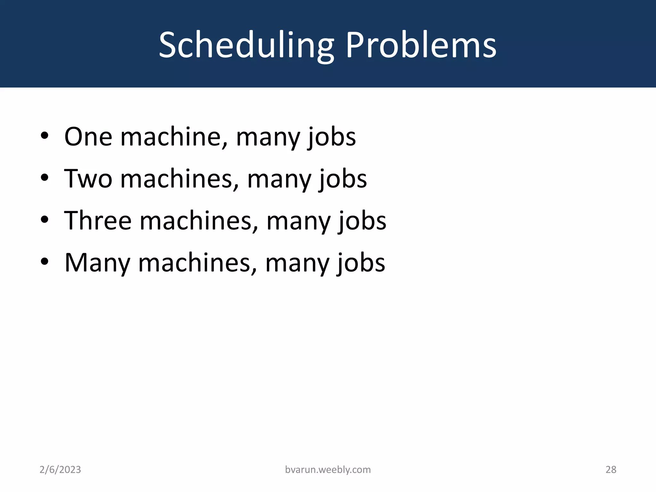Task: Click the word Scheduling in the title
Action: (x=246, y=45)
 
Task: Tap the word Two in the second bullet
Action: (x=88, y=179)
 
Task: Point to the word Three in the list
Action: (x=98, y=221)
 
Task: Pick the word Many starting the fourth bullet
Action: (x=97, y=263)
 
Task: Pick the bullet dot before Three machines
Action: (x=45, y=220)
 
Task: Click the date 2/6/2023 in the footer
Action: (x=60, y=470)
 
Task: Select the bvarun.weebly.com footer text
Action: (x=328, y=470)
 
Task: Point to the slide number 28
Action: (x=611, y=470)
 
